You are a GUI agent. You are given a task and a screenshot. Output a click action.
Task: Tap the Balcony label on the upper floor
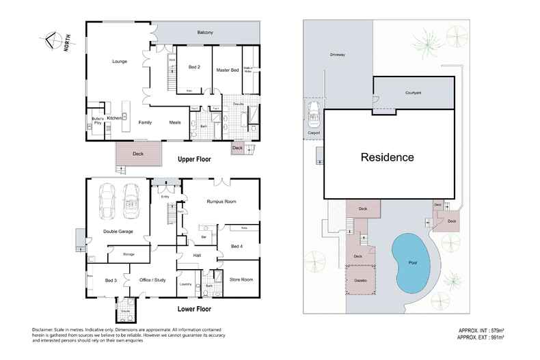click(206, 33)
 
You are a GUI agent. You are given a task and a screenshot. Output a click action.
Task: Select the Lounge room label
click(120, 61)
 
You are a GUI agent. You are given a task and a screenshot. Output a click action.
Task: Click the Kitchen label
click(114, 118)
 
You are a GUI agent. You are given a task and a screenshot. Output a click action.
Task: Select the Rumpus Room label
click(221, 202)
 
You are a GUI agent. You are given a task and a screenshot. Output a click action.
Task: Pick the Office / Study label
click(152, 279)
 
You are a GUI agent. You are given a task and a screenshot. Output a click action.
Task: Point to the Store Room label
click(241, 279)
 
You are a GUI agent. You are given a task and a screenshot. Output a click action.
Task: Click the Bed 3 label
click(111, 280)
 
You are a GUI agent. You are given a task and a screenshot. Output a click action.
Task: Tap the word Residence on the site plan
click(388, 157)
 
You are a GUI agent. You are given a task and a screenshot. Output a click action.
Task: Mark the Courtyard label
click(413, 92)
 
